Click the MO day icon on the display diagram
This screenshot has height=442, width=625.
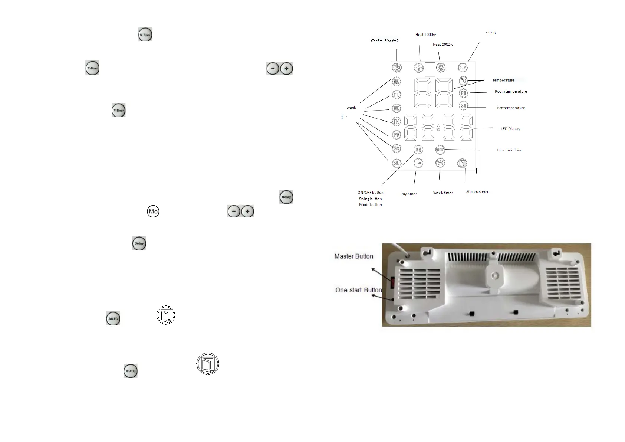click(397, 81)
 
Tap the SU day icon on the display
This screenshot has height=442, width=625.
click(397, 163)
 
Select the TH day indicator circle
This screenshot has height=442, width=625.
click(397, 121)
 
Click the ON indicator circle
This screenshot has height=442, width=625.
click(418, 150)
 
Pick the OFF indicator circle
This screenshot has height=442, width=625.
click(440, 150)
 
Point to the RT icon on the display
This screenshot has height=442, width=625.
click(464, 93)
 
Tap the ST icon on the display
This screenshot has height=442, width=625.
click(464, 105)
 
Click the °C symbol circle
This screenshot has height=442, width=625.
click(464, 81)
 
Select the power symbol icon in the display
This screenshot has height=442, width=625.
click(397, 68)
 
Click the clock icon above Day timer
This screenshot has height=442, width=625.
click(418, 163)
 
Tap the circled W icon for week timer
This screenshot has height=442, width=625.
click(440, 163)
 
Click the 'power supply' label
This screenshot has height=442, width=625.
click(385, 39)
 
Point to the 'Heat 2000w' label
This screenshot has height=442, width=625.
click(443, 45)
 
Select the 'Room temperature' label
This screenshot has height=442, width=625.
click(510, 91)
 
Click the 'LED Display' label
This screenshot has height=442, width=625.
click(510, 129)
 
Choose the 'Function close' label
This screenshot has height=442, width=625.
click(509, 150)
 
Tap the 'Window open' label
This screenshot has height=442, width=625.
click(477, 192)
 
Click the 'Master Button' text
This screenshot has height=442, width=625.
click(353, 256)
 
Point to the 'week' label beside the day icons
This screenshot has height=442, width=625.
click(351, 108)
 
